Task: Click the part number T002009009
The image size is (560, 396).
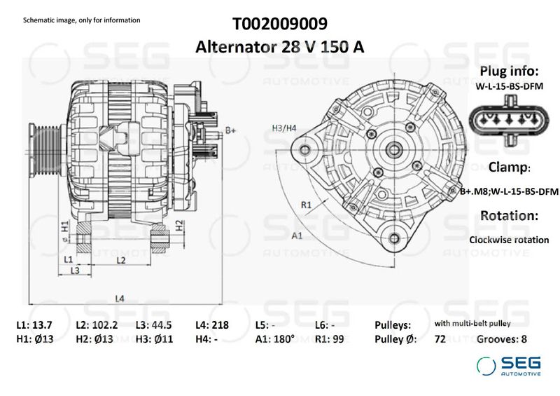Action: (x=279, y=25)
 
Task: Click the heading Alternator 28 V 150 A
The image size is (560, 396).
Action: (x=279, y=47)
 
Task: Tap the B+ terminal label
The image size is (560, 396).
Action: (x=230, y=130)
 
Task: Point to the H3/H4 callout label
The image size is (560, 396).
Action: (x=284, y=128)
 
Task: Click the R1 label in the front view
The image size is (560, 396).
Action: (x=306, y=205)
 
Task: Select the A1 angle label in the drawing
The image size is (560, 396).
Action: (x=297, y=235)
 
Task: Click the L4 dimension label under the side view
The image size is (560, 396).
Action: (x=120, y=299)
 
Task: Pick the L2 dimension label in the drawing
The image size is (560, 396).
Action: (x=120, y=260)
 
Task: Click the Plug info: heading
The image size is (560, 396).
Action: (x=508, y=72)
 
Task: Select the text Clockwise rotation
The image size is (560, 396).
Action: (x=508, y=240)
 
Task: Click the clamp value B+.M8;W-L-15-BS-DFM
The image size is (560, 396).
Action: (x=508, y=191)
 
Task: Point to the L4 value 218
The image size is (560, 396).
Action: (x=220, y=325)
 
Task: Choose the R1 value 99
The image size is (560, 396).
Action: (x=337, y=339)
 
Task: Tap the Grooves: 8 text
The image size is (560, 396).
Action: (x=501, y=339)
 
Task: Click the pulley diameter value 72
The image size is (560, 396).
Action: (x=440, y=339)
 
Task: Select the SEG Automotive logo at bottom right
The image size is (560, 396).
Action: (x=508, y=366)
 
